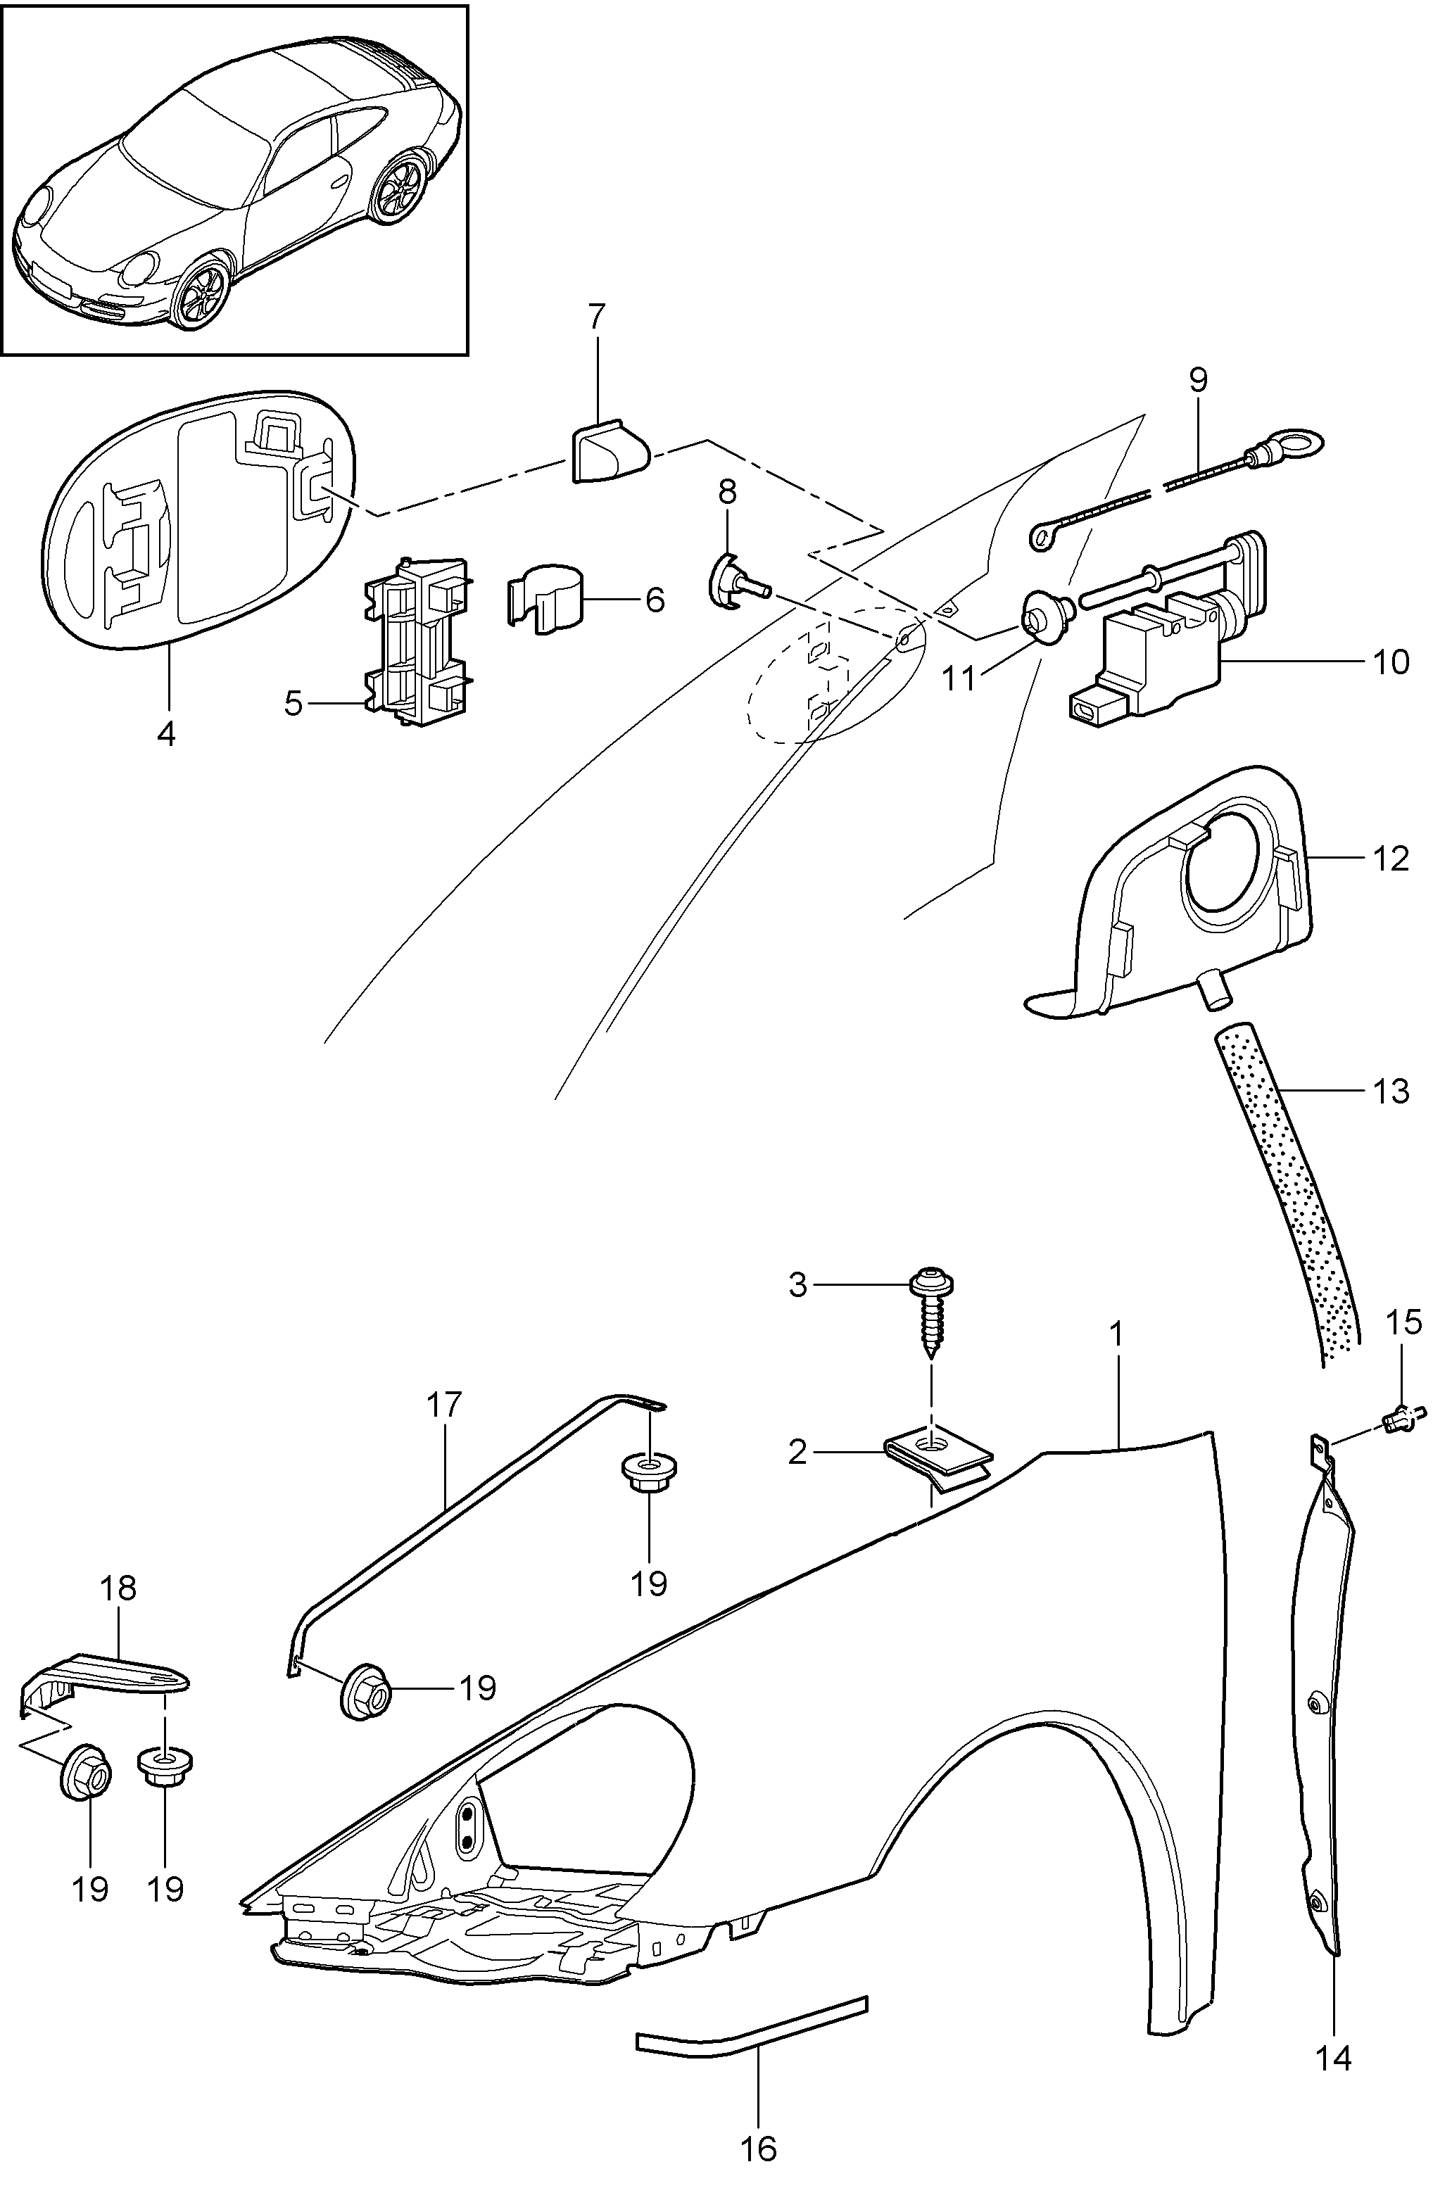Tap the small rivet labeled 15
coord(1400,1417)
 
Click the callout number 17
coord(444,1405)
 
